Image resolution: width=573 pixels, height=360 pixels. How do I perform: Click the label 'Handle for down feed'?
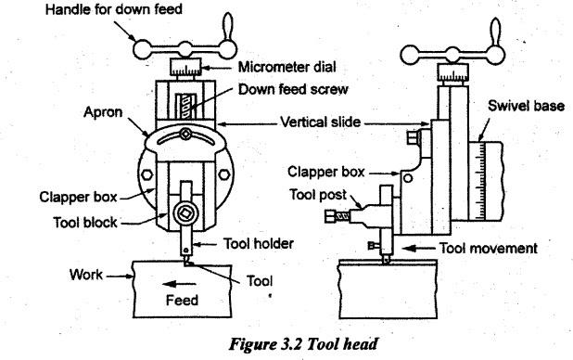[x=114, y=9]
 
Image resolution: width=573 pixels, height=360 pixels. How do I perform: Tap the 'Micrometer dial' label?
[x=286, y=67]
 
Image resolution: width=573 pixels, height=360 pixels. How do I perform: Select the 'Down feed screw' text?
[x=293, y=89]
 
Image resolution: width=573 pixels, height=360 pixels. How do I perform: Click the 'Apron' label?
[x=103, y=112]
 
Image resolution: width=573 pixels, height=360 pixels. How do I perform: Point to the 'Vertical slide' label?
[x=321, y=122]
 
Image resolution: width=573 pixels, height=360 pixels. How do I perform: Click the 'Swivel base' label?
[x=527, y=106]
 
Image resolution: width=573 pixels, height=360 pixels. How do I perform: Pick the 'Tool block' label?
[x=85, y=223]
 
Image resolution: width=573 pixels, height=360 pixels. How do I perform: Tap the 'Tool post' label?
[x=318, y=195]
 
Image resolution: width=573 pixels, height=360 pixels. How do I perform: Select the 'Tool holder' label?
[x=259, y=244]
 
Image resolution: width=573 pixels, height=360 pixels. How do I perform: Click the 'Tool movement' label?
[x=489, y=249]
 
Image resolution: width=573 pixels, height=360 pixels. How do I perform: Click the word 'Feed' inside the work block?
[x=182, y=300]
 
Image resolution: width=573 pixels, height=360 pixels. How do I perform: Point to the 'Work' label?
[x=86, y=275]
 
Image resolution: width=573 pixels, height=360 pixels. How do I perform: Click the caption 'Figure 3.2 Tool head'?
[x=303, y=344]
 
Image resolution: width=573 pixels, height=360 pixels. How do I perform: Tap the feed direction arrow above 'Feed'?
[x=179, y=284]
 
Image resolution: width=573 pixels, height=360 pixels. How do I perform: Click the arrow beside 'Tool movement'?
[x=417, y=249]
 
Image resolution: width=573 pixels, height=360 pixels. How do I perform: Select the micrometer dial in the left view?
[x=185, y=67]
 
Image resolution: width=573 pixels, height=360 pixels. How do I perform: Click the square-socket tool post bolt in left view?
[x=186, y=213]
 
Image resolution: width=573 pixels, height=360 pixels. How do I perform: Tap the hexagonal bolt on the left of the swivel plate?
[x=146, y=174]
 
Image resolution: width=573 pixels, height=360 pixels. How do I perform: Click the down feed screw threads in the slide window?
[x=186, y=106]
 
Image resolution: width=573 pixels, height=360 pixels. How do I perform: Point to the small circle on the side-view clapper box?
[x=408, y=178]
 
